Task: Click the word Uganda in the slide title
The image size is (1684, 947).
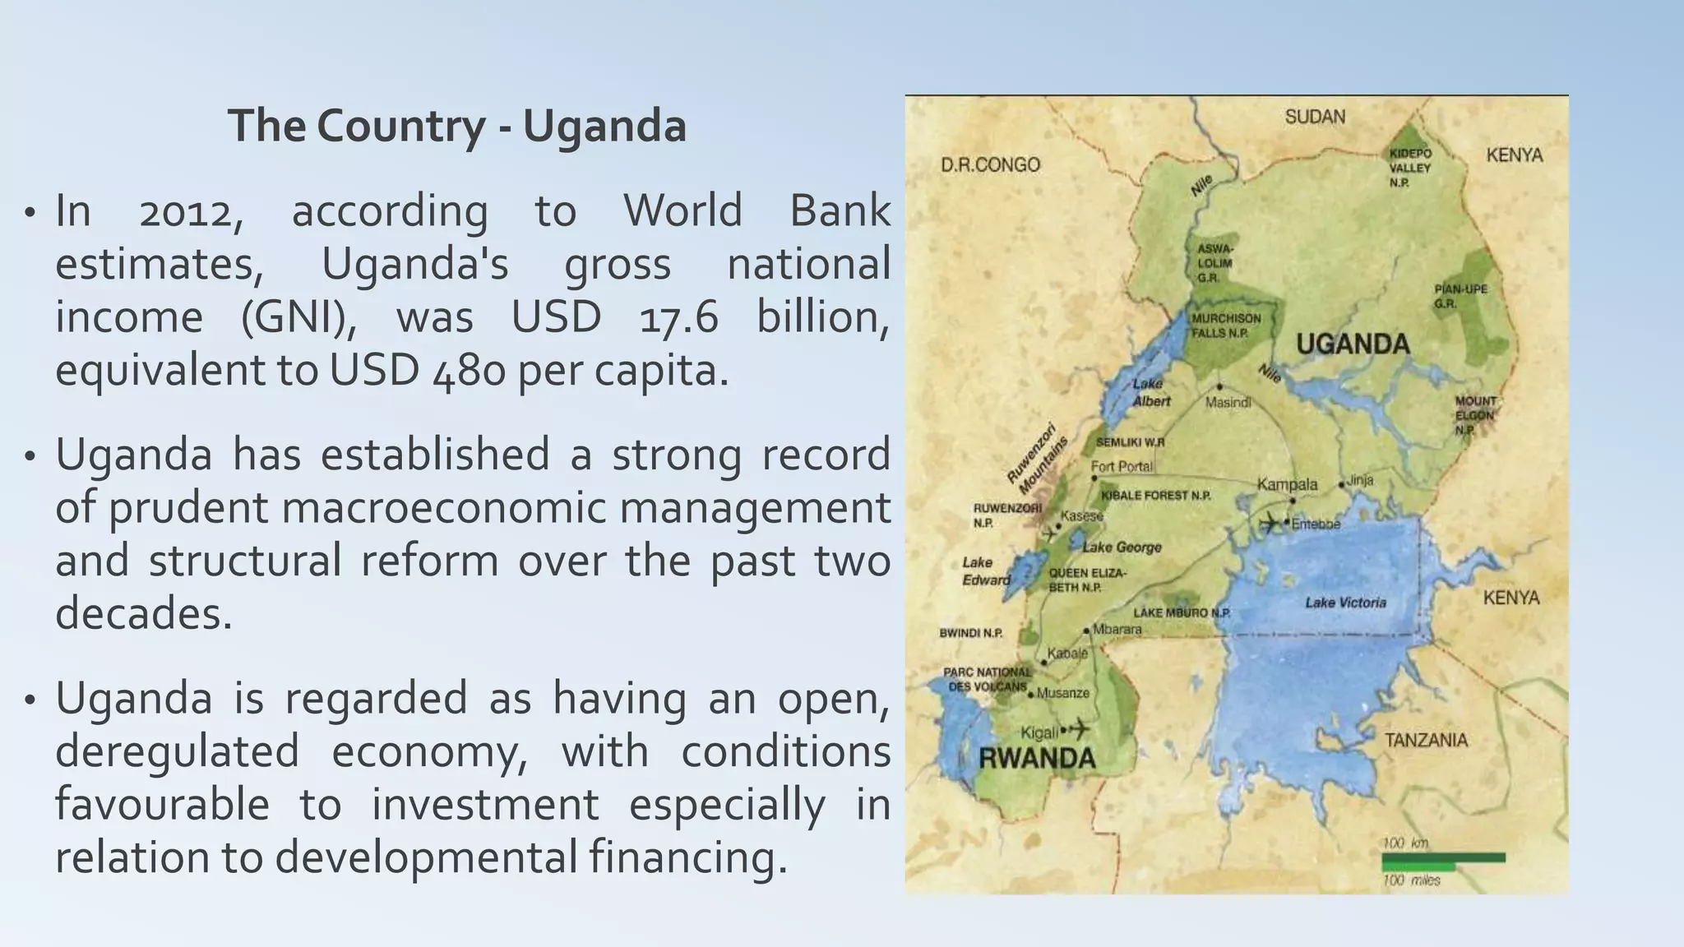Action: pyautogui.click(x=604, y=126)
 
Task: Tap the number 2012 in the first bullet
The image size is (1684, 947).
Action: pyautogui.click(x=191, y=212)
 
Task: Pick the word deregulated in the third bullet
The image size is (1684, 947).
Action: pyautogui.click(x=177, y=751)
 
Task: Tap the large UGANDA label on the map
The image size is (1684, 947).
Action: pyautogui.click(x=1353, y=344)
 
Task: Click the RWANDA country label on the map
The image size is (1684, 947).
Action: pyautogui.click(x=1037, y=758)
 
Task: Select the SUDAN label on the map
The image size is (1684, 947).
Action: pyautogui.click(x=1315, y=117)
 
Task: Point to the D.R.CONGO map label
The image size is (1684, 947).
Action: pyautogui.click(x=990, y=165)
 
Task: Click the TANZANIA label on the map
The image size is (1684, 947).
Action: pyautogui.click(x=1426, y=740)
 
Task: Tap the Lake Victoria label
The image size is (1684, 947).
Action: pyautogui.click(x=1345, y=603)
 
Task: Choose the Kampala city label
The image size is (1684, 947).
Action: pyautogui.click(x=1287, y=484)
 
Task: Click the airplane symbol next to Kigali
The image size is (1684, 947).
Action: pyautogui.click(x=1079, y=728)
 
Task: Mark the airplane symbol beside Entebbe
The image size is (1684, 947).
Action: pyautogui.click(x=1270, y=522)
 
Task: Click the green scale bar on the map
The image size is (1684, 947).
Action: pyautogui.click(x=1443, y=859)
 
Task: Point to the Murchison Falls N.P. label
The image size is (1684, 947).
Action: pyautogui.click(x=1226, y=326)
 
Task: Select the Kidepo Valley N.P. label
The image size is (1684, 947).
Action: pyautogui.click(x=1410, y=168)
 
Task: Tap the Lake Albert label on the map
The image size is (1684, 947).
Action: pyautogui.click(x=1150, y=393)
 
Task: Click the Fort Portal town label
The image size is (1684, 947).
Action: pyautogui.click(x=1122, y=466)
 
